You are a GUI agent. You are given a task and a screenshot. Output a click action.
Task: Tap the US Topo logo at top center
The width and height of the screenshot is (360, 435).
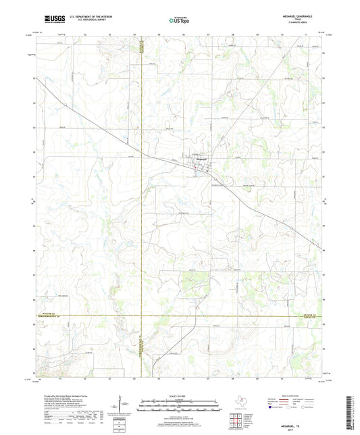pos(178,20)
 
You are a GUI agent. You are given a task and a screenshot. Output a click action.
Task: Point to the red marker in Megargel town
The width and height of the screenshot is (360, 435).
pos(195,167)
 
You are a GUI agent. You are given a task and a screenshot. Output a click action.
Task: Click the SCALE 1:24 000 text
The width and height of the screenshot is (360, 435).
pos(180,395)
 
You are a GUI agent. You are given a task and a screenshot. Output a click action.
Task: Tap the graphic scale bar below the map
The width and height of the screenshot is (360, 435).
pos(180,407)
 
